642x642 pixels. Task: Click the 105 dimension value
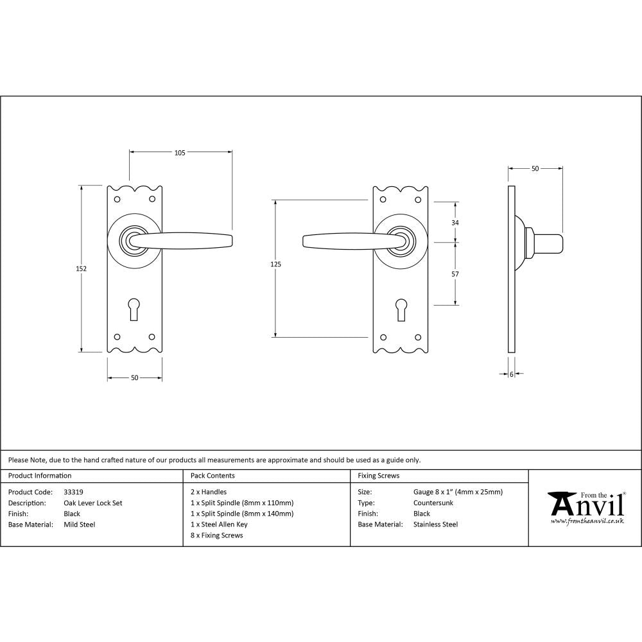click(180, 153)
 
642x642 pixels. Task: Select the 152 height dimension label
click(81, 268)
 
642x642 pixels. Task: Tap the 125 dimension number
click(276, 264)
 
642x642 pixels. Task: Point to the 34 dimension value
click(456, 222)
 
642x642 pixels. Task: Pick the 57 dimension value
click(456, 274)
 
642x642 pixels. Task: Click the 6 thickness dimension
click(512, 374)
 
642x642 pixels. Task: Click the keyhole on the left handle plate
click(134, 309)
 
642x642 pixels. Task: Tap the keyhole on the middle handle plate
click(401, 309)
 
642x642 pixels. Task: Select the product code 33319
click(74, 492)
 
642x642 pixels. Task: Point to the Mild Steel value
click(79, 525)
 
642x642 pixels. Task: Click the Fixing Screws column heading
click(378, 476)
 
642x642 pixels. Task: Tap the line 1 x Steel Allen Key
click(219, 525)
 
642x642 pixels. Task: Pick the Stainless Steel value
click(435, 525)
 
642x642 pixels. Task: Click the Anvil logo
click(586, 505)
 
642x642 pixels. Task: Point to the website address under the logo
click(587, 521)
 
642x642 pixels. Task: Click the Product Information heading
click(40, 476)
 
